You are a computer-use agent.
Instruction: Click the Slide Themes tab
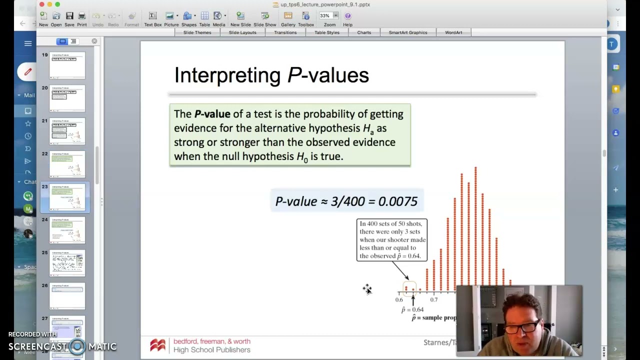tap(197, 32)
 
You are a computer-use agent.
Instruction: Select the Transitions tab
tap(285, 32)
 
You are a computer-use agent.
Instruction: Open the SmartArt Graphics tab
tap(407, 32)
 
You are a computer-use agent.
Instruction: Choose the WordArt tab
tap(453, 32)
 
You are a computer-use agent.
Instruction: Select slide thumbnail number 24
tap(67, 230)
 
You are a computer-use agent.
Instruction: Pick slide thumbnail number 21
tap(67, 131)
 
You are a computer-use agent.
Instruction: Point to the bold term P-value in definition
tap(212, 114)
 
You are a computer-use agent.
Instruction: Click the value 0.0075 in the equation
tap(397, 201)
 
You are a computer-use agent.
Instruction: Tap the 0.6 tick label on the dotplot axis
tap(399, 300)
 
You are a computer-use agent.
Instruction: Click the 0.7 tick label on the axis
tap(433, 300)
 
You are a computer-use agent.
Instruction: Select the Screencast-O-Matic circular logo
tap(77, 346)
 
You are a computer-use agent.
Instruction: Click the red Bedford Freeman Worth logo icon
tap(157, 345)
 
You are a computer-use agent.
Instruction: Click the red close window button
tap(41, 4)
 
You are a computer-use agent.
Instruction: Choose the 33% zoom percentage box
tap(325, 16)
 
